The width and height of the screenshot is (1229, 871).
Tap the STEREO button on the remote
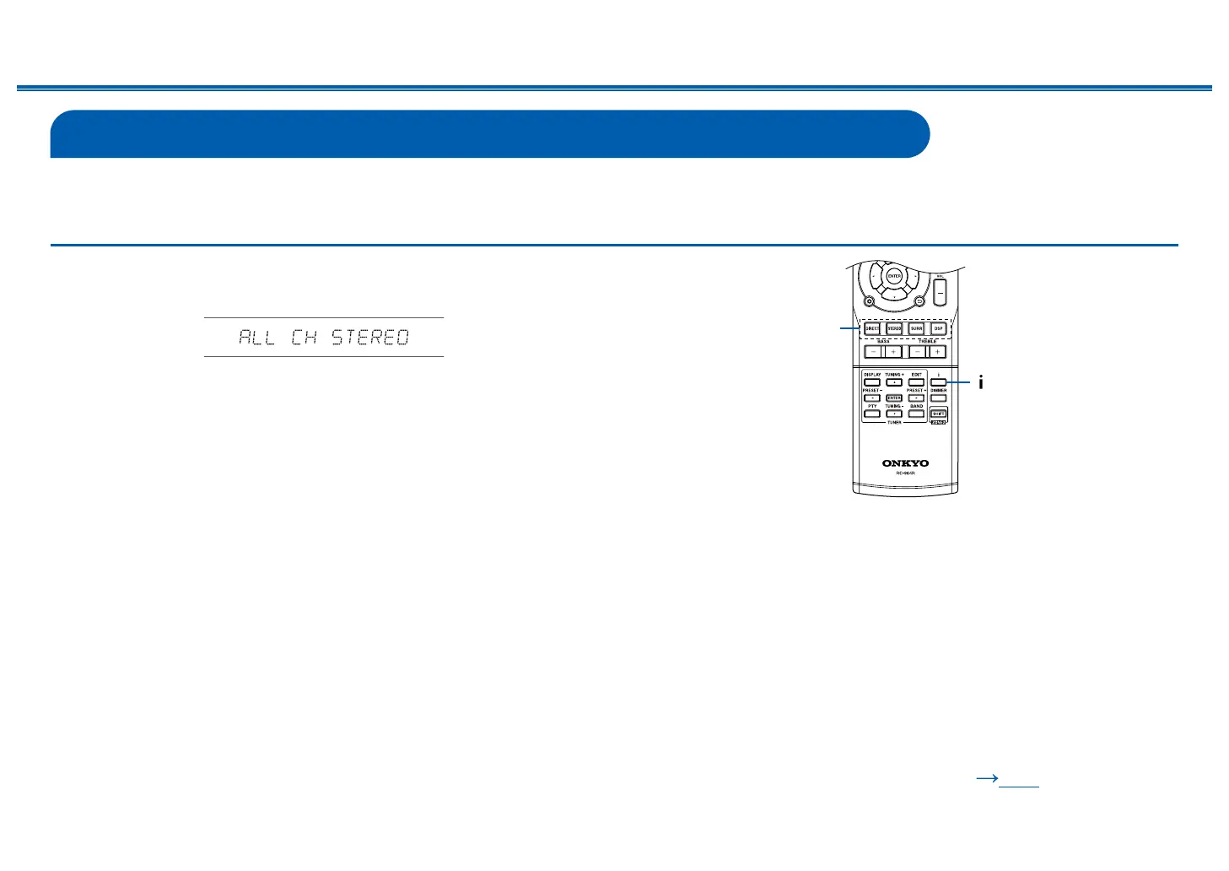(894, 328)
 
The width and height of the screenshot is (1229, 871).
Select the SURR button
(916, 328)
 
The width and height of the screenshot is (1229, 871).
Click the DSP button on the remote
(938, 328)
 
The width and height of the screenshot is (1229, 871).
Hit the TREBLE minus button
(917, 351)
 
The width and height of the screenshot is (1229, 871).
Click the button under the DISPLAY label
(872, 382)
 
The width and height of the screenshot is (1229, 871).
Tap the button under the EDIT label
(916, 382)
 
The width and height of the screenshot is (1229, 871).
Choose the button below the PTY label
(872, 414)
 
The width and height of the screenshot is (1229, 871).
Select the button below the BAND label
(916, 414)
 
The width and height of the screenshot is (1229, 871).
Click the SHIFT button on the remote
(938, 414)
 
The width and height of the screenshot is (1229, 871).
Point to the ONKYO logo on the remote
(905, 463)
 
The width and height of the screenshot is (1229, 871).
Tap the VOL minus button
(940, 291)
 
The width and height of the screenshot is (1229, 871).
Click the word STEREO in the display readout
(370, 338)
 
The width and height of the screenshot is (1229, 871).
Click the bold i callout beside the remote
(980, 382)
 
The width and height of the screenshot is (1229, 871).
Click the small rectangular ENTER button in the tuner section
(894, 398)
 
